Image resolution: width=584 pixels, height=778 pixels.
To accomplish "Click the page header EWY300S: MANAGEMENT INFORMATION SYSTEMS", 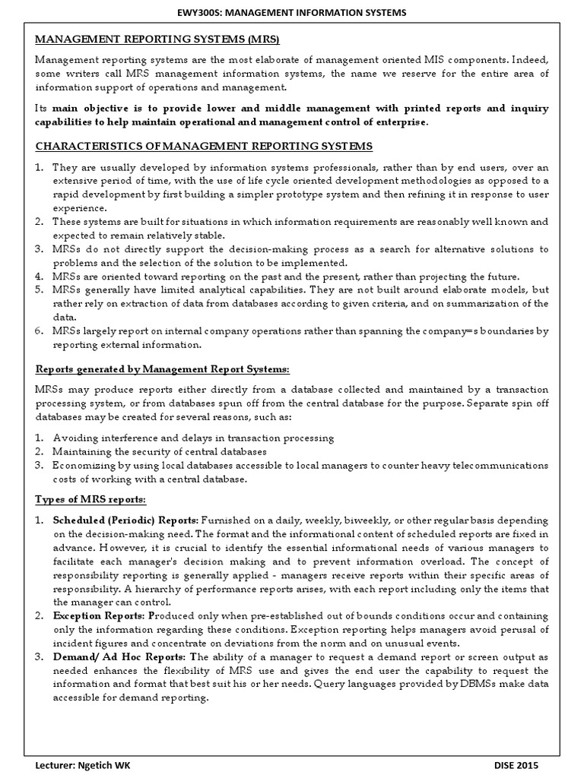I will [x=292, y=12].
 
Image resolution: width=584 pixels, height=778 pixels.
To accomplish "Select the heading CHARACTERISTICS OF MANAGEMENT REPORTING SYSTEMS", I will [x=205, y=146].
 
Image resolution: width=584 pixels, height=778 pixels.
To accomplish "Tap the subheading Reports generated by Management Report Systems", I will [x=163, y=368].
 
